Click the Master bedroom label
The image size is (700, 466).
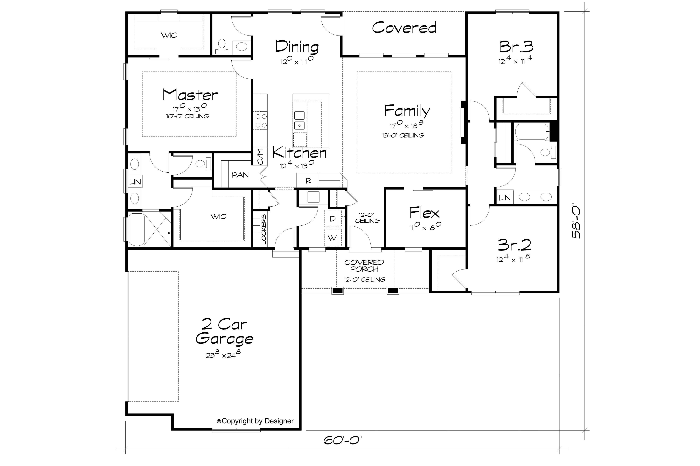191,95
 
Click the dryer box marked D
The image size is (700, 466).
332,219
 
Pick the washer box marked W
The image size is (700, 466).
332,238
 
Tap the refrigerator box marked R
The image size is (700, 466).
308,181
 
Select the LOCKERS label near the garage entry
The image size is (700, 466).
264,230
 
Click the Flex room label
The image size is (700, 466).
424,213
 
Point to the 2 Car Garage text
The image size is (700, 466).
224,331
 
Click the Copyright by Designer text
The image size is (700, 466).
255,421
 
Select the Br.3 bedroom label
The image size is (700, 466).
516,47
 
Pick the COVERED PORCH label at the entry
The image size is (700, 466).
364,266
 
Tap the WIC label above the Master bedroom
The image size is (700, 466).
169,35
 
